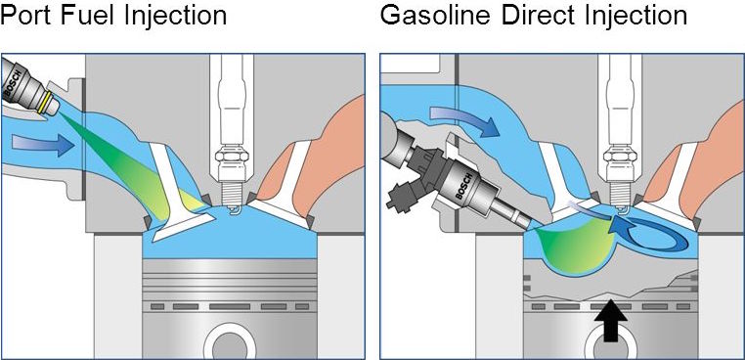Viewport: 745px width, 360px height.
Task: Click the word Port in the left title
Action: pyautogui.click(x=29, y=16)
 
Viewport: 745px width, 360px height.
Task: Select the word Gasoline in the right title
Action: pyautogui.click(x=435, y=16)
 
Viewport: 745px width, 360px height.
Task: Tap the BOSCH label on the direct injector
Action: pyautogui.click(x=463, y=186)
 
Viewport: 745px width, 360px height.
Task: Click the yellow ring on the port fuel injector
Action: pyautogui.click(x=46, y=103)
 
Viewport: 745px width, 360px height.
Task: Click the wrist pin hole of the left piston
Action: pyautogui.click(x=230, y=343)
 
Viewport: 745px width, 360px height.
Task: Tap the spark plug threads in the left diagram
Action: pyautogui.click(x=232, y=194)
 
